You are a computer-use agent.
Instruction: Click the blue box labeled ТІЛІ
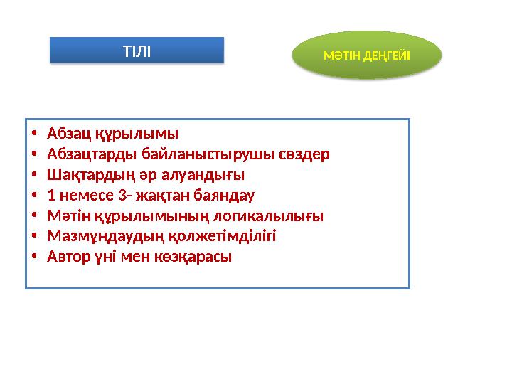tap(137, 50)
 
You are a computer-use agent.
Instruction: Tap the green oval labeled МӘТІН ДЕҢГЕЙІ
tap(367, 55)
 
